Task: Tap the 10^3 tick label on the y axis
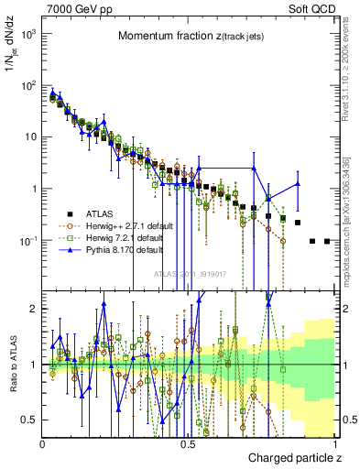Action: (x=27, y=33)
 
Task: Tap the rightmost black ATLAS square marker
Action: (x=327, y=241)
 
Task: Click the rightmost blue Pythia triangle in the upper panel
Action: (x=298, y=184)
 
